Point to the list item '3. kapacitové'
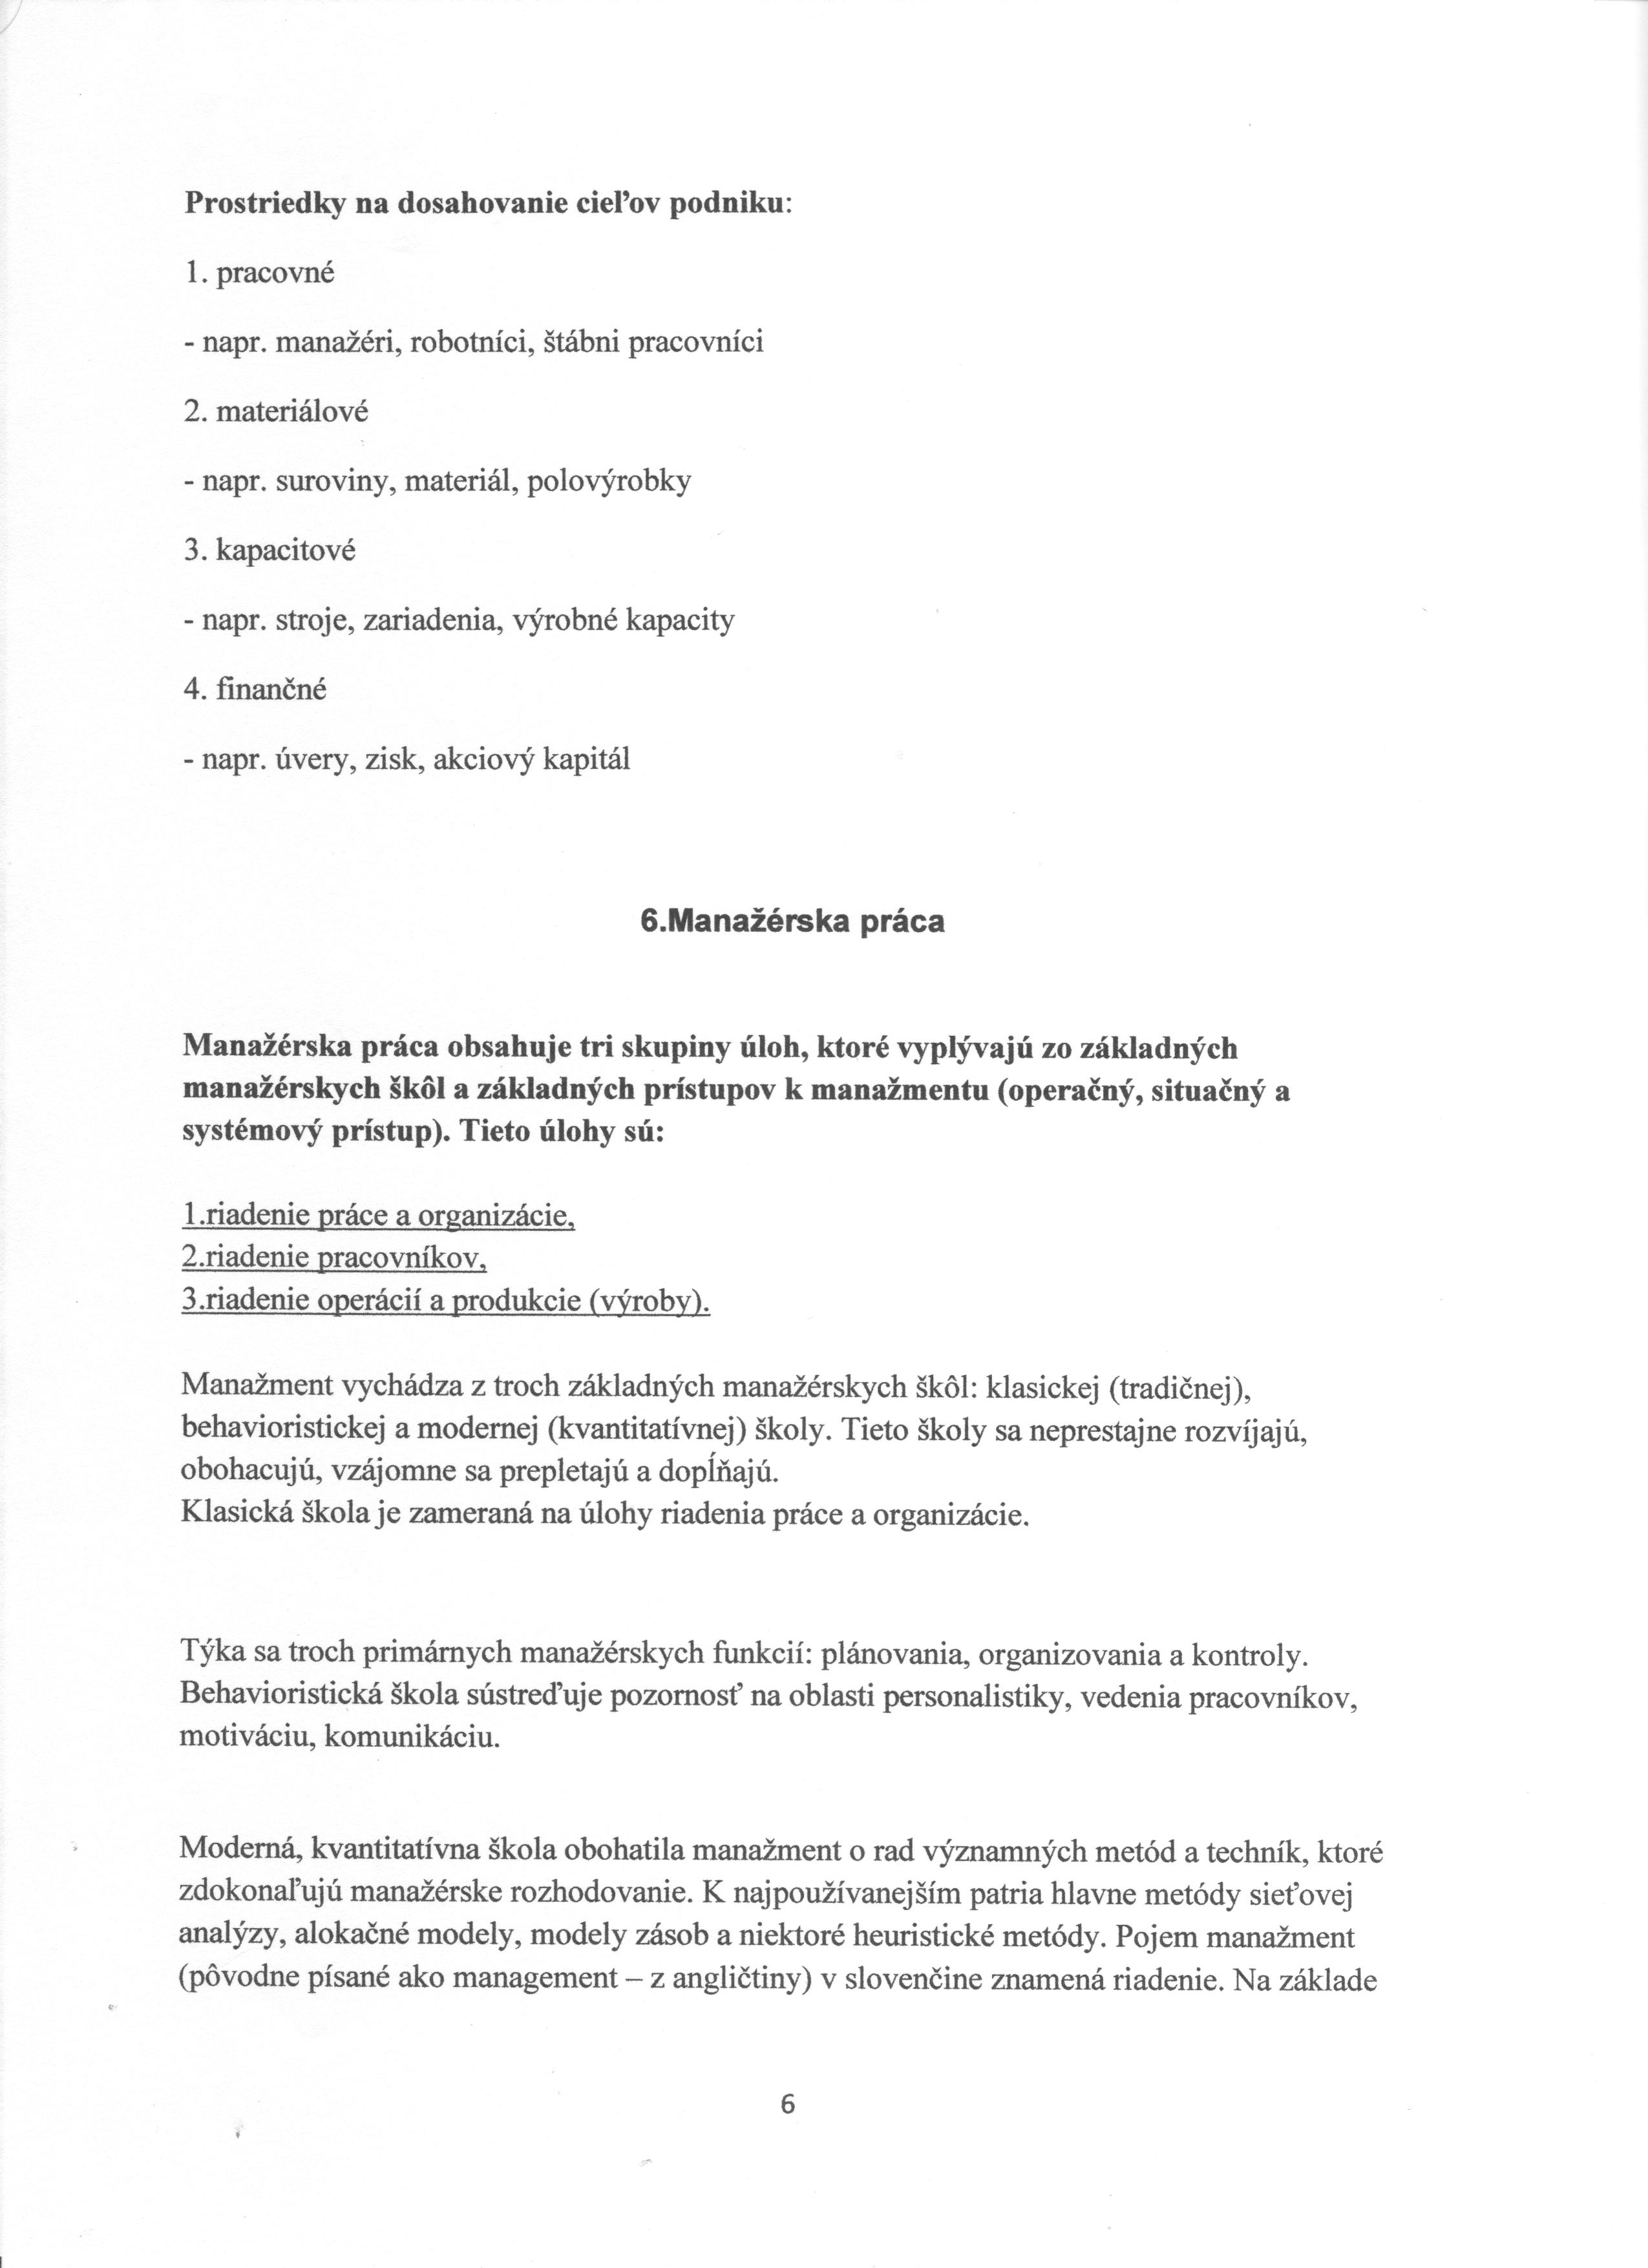tap(270, 552)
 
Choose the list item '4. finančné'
tap(256, 691)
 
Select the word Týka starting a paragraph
tap(205, 1655)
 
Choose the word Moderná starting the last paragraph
tap(240, 1853)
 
